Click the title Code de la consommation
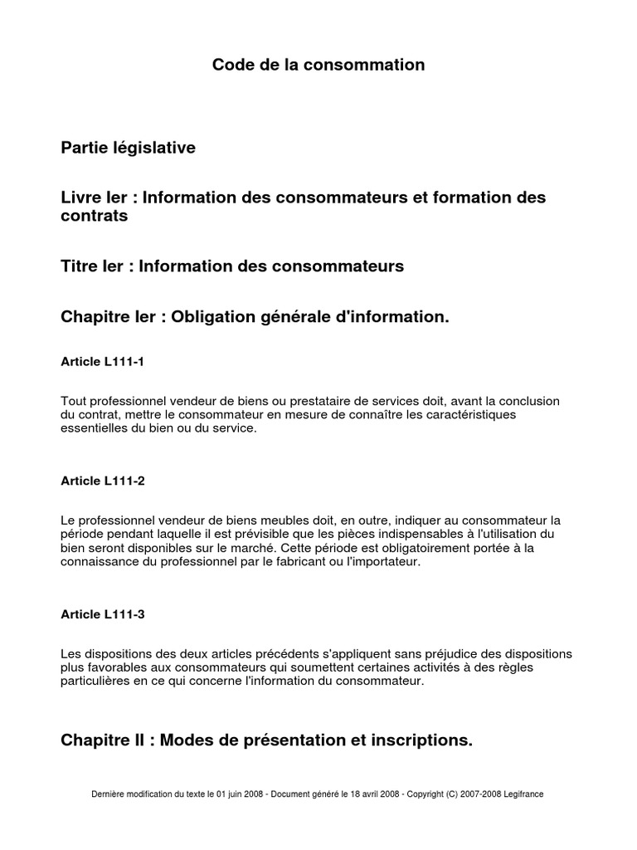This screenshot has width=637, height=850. coord(318,65)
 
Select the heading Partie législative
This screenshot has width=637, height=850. coord(128,148)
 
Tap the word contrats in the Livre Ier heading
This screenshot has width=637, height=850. coord(95,216)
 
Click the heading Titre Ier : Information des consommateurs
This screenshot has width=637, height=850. coord(232,266)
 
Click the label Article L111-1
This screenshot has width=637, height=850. coord(103,362)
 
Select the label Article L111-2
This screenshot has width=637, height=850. coord(103,481)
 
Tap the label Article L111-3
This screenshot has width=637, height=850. coord(103,614)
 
